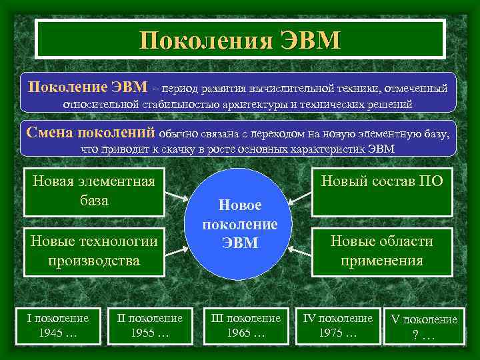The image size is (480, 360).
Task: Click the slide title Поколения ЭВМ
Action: click(240, 39)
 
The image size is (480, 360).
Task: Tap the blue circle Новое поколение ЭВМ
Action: click(239, 224)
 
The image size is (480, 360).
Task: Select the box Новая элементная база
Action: click(94, 191)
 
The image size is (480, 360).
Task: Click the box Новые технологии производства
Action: click(94, 251)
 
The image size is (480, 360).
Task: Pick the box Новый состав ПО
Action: click(382, 191)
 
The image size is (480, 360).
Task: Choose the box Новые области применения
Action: click(382, 251)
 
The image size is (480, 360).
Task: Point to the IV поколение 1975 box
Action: click(338, 325)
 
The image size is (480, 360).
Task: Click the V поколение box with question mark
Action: click(424, 327)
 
